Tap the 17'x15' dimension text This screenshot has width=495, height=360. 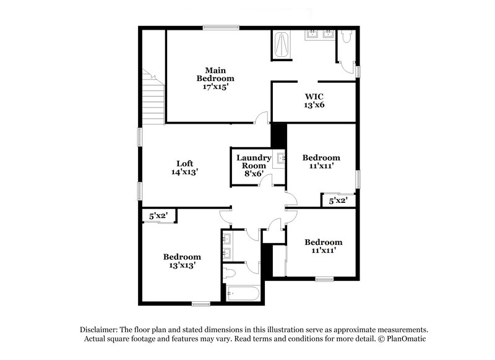(215, 87)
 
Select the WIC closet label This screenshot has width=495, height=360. (314, 96)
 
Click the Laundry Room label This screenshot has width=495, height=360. (254, 161)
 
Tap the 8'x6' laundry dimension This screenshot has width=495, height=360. (254, 174)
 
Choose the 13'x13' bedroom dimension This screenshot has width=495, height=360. (182, 266)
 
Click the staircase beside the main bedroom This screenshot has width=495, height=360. (152, 96)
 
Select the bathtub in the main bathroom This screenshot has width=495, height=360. (282, 45)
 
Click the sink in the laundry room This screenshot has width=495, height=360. (280, 158)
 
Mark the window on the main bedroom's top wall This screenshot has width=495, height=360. (222, 26)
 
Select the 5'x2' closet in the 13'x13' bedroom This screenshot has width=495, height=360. (160, 216)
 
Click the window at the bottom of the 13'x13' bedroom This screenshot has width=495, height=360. (200, 303)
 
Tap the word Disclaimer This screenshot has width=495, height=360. (100, 330)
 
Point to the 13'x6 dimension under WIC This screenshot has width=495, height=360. (314, 105)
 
